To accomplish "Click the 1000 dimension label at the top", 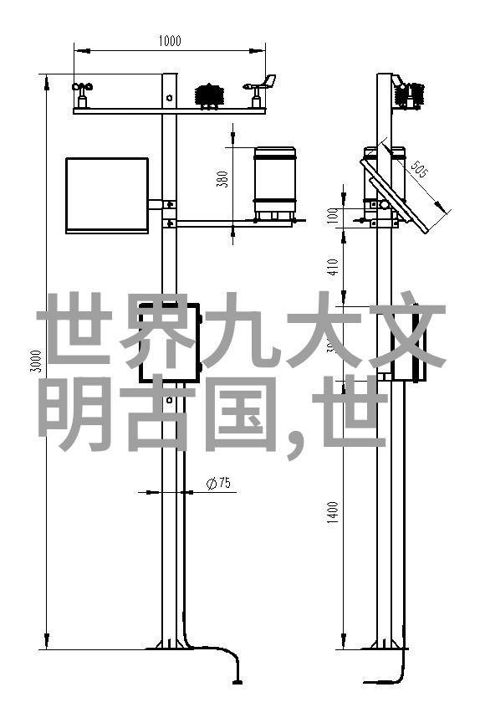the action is (170, 41).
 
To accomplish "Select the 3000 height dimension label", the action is (35, 361).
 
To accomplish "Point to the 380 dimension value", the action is (222, 179).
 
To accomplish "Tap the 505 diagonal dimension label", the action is (419, 168).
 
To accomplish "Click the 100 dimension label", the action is (334, 215).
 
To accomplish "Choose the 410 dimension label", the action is (334, 266).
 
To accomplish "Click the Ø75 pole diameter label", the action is (218, 484).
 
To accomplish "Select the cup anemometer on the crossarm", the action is (82, 95).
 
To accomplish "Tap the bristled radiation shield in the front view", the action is (210, 96).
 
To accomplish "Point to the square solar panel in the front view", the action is (107, 196).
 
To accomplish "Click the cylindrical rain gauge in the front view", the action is (275, 183).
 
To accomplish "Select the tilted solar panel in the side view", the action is (395, 194).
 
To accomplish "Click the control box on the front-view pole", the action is (170, 342).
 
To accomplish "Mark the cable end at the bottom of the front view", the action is (237, 681).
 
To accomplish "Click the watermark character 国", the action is (239, 413).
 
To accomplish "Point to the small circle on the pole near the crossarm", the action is (170, 97).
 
